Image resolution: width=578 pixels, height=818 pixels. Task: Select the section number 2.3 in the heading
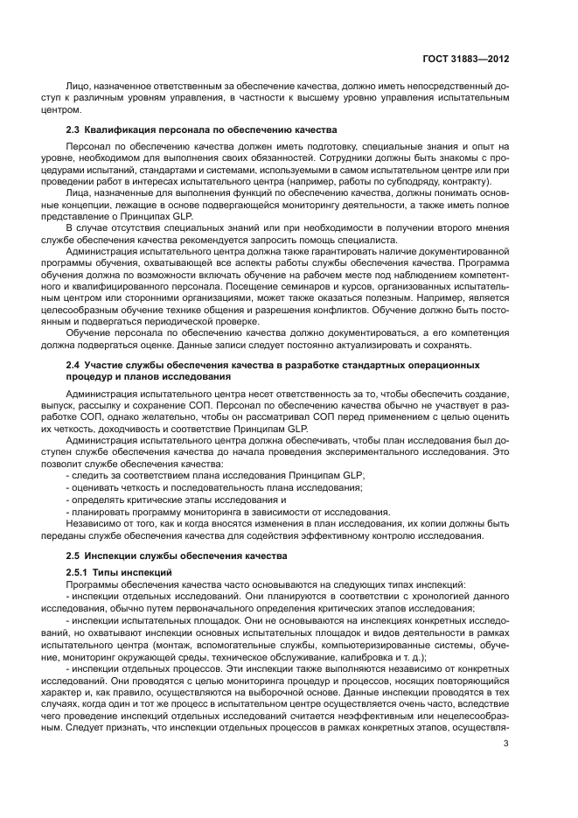tap(74, 129)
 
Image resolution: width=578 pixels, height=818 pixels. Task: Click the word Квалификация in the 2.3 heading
tap(118, 129)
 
